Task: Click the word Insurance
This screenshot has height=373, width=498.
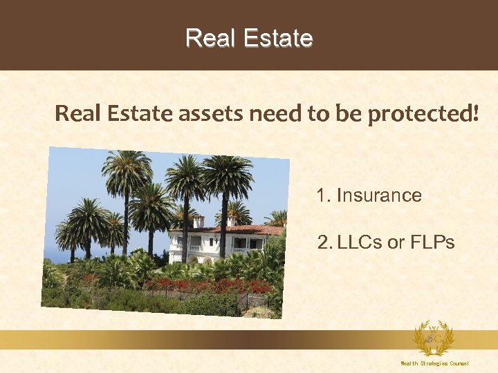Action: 378,195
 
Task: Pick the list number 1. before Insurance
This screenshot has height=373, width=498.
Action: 324,195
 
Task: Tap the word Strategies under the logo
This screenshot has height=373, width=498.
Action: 435,363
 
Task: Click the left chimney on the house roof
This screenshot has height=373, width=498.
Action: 199,221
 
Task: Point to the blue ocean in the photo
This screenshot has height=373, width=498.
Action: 50,257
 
